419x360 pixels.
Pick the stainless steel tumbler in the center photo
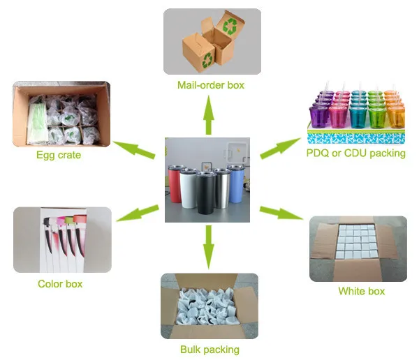(223, 186)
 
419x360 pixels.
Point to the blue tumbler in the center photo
(236, 183)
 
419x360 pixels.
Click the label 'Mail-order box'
(210, 85)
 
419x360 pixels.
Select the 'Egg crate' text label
(59, 155)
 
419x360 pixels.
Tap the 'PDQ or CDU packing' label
(356, 153)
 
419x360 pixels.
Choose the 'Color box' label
(60, 284)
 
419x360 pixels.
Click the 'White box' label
(361, 291)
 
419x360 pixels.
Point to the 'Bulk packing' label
(209, 350)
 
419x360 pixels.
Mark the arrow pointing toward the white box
(281, 213)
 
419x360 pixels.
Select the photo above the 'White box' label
(358, 248)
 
